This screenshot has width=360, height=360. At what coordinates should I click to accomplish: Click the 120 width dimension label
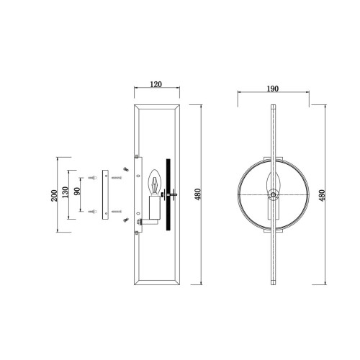156,84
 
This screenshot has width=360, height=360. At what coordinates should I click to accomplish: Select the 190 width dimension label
273,89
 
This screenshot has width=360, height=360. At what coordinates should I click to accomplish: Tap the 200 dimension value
55,196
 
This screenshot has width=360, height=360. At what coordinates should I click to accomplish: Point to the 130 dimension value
66,192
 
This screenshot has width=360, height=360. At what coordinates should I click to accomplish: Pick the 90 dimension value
77,192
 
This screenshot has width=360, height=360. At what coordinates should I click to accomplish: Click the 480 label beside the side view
197,194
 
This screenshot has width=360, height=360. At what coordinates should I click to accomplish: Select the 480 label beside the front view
322,196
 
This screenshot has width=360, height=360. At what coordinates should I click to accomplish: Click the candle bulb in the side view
155,182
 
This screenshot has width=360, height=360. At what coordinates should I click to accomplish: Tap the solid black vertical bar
168,194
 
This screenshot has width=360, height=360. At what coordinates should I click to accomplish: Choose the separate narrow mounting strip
105,194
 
